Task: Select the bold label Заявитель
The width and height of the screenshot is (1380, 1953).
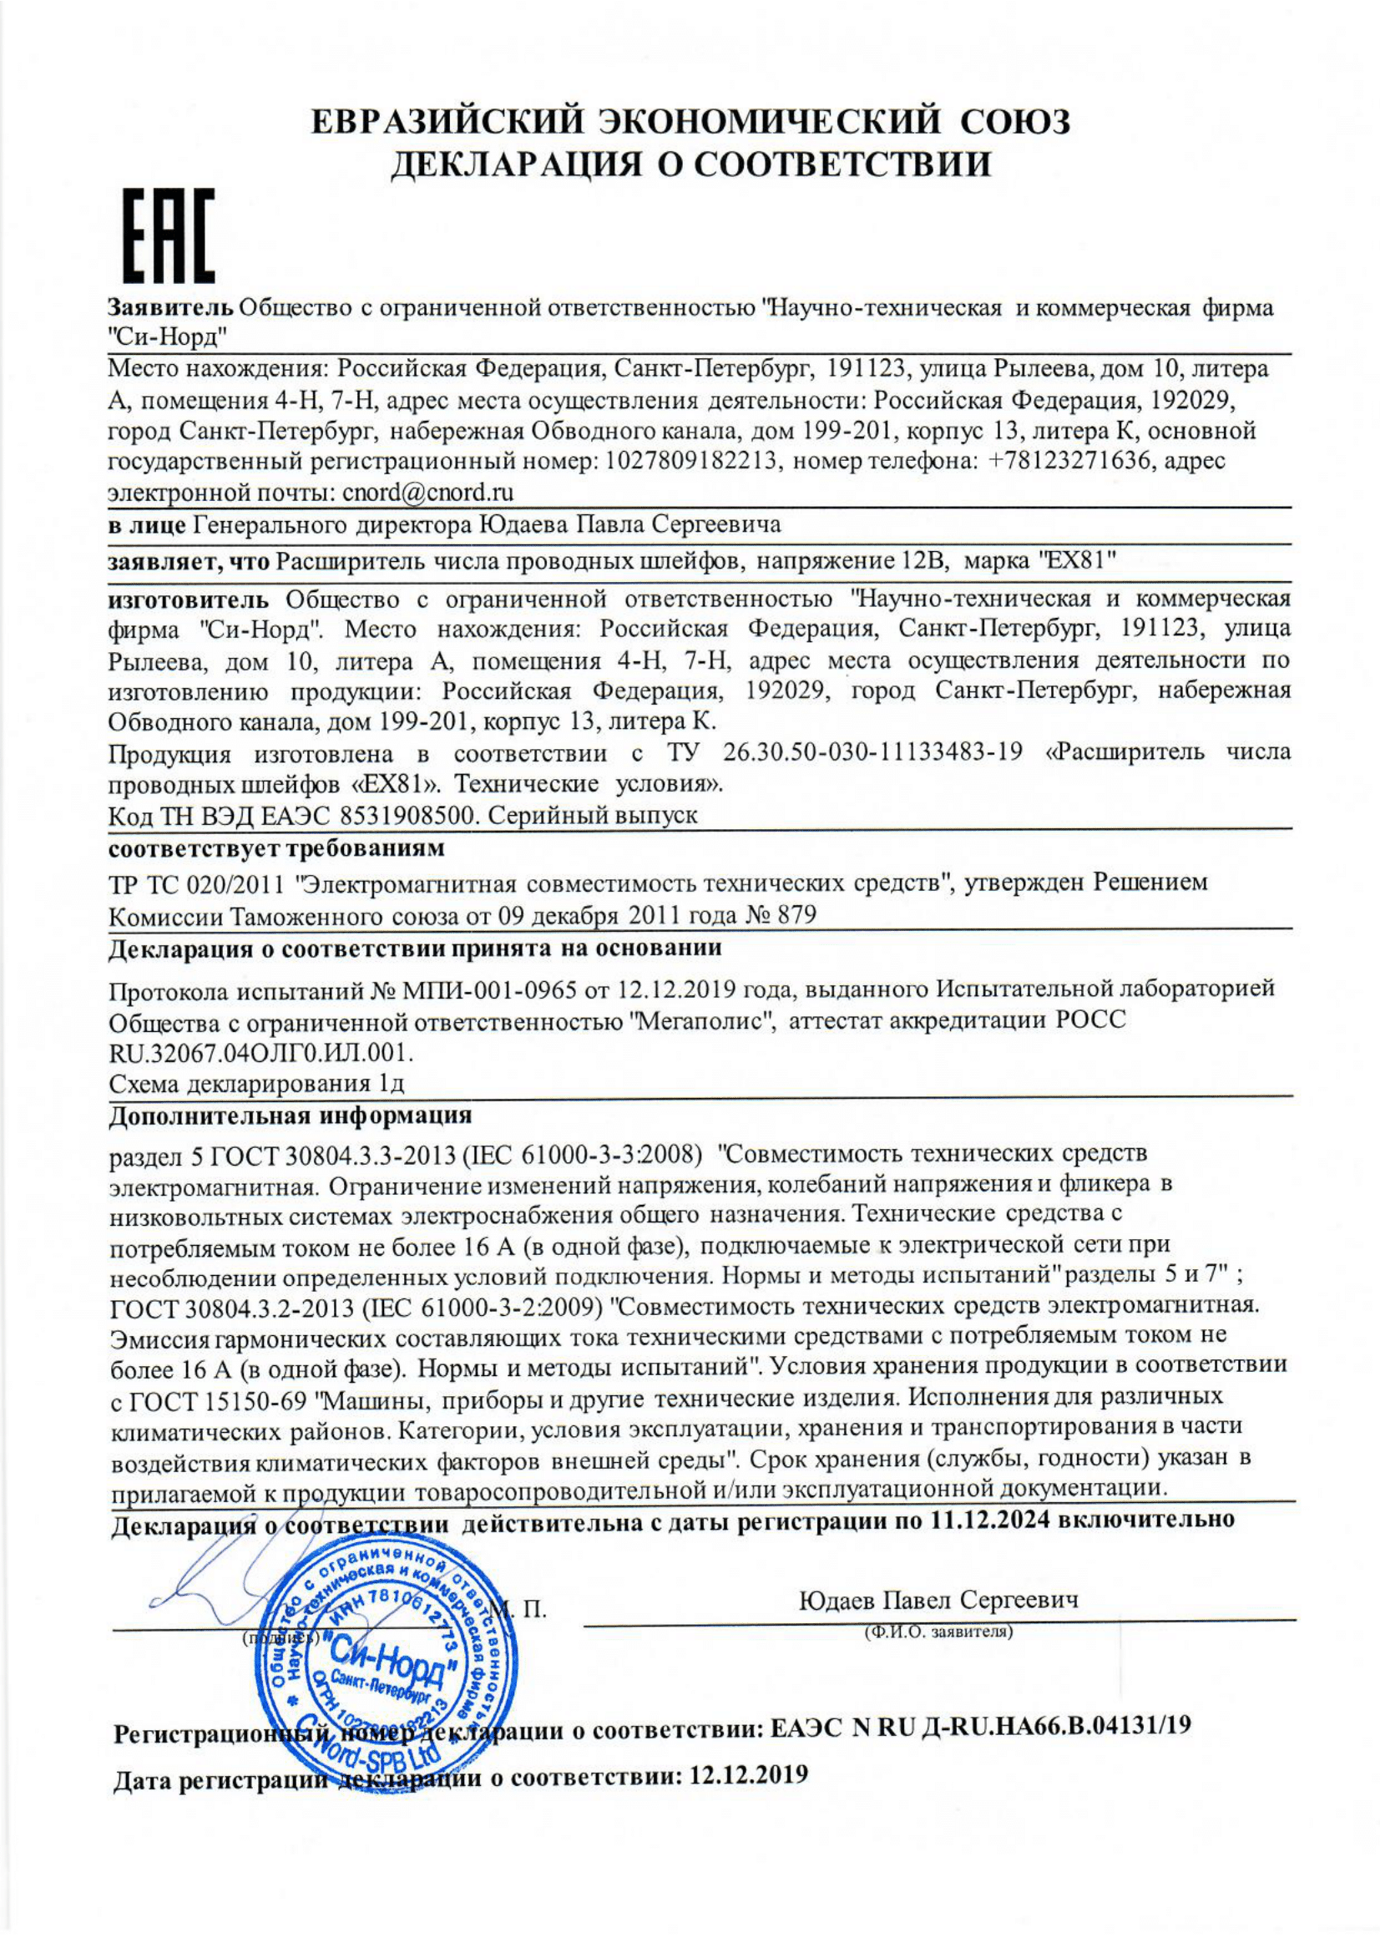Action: (170, 308)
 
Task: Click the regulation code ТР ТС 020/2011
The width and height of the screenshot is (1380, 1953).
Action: (196, 883)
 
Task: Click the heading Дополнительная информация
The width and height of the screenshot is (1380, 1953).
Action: (290, 1115)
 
